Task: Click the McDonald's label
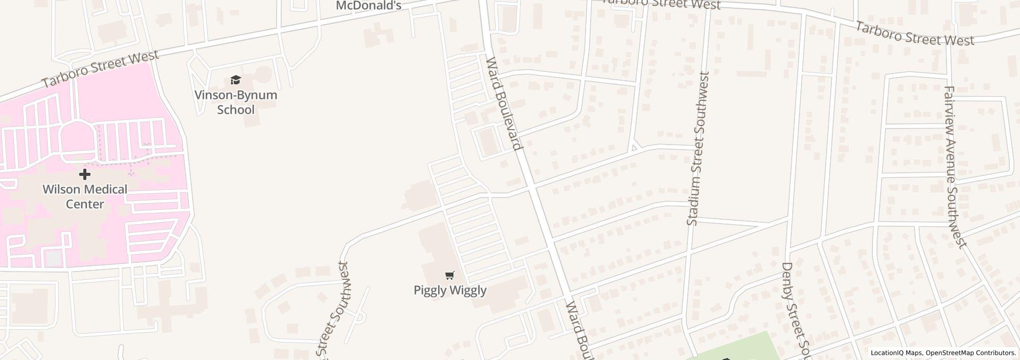point(368,5)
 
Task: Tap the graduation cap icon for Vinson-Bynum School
point(235,80)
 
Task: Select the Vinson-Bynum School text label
point(235,102)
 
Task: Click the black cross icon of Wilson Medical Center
point(85,174)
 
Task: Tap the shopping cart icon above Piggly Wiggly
point(450,275)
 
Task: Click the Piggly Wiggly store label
point(450,290)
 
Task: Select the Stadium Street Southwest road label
point(698,149)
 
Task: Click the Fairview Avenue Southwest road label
point(955,167)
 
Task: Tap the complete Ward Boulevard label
point(504,103)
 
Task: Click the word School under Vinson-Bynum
point(235,110)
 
